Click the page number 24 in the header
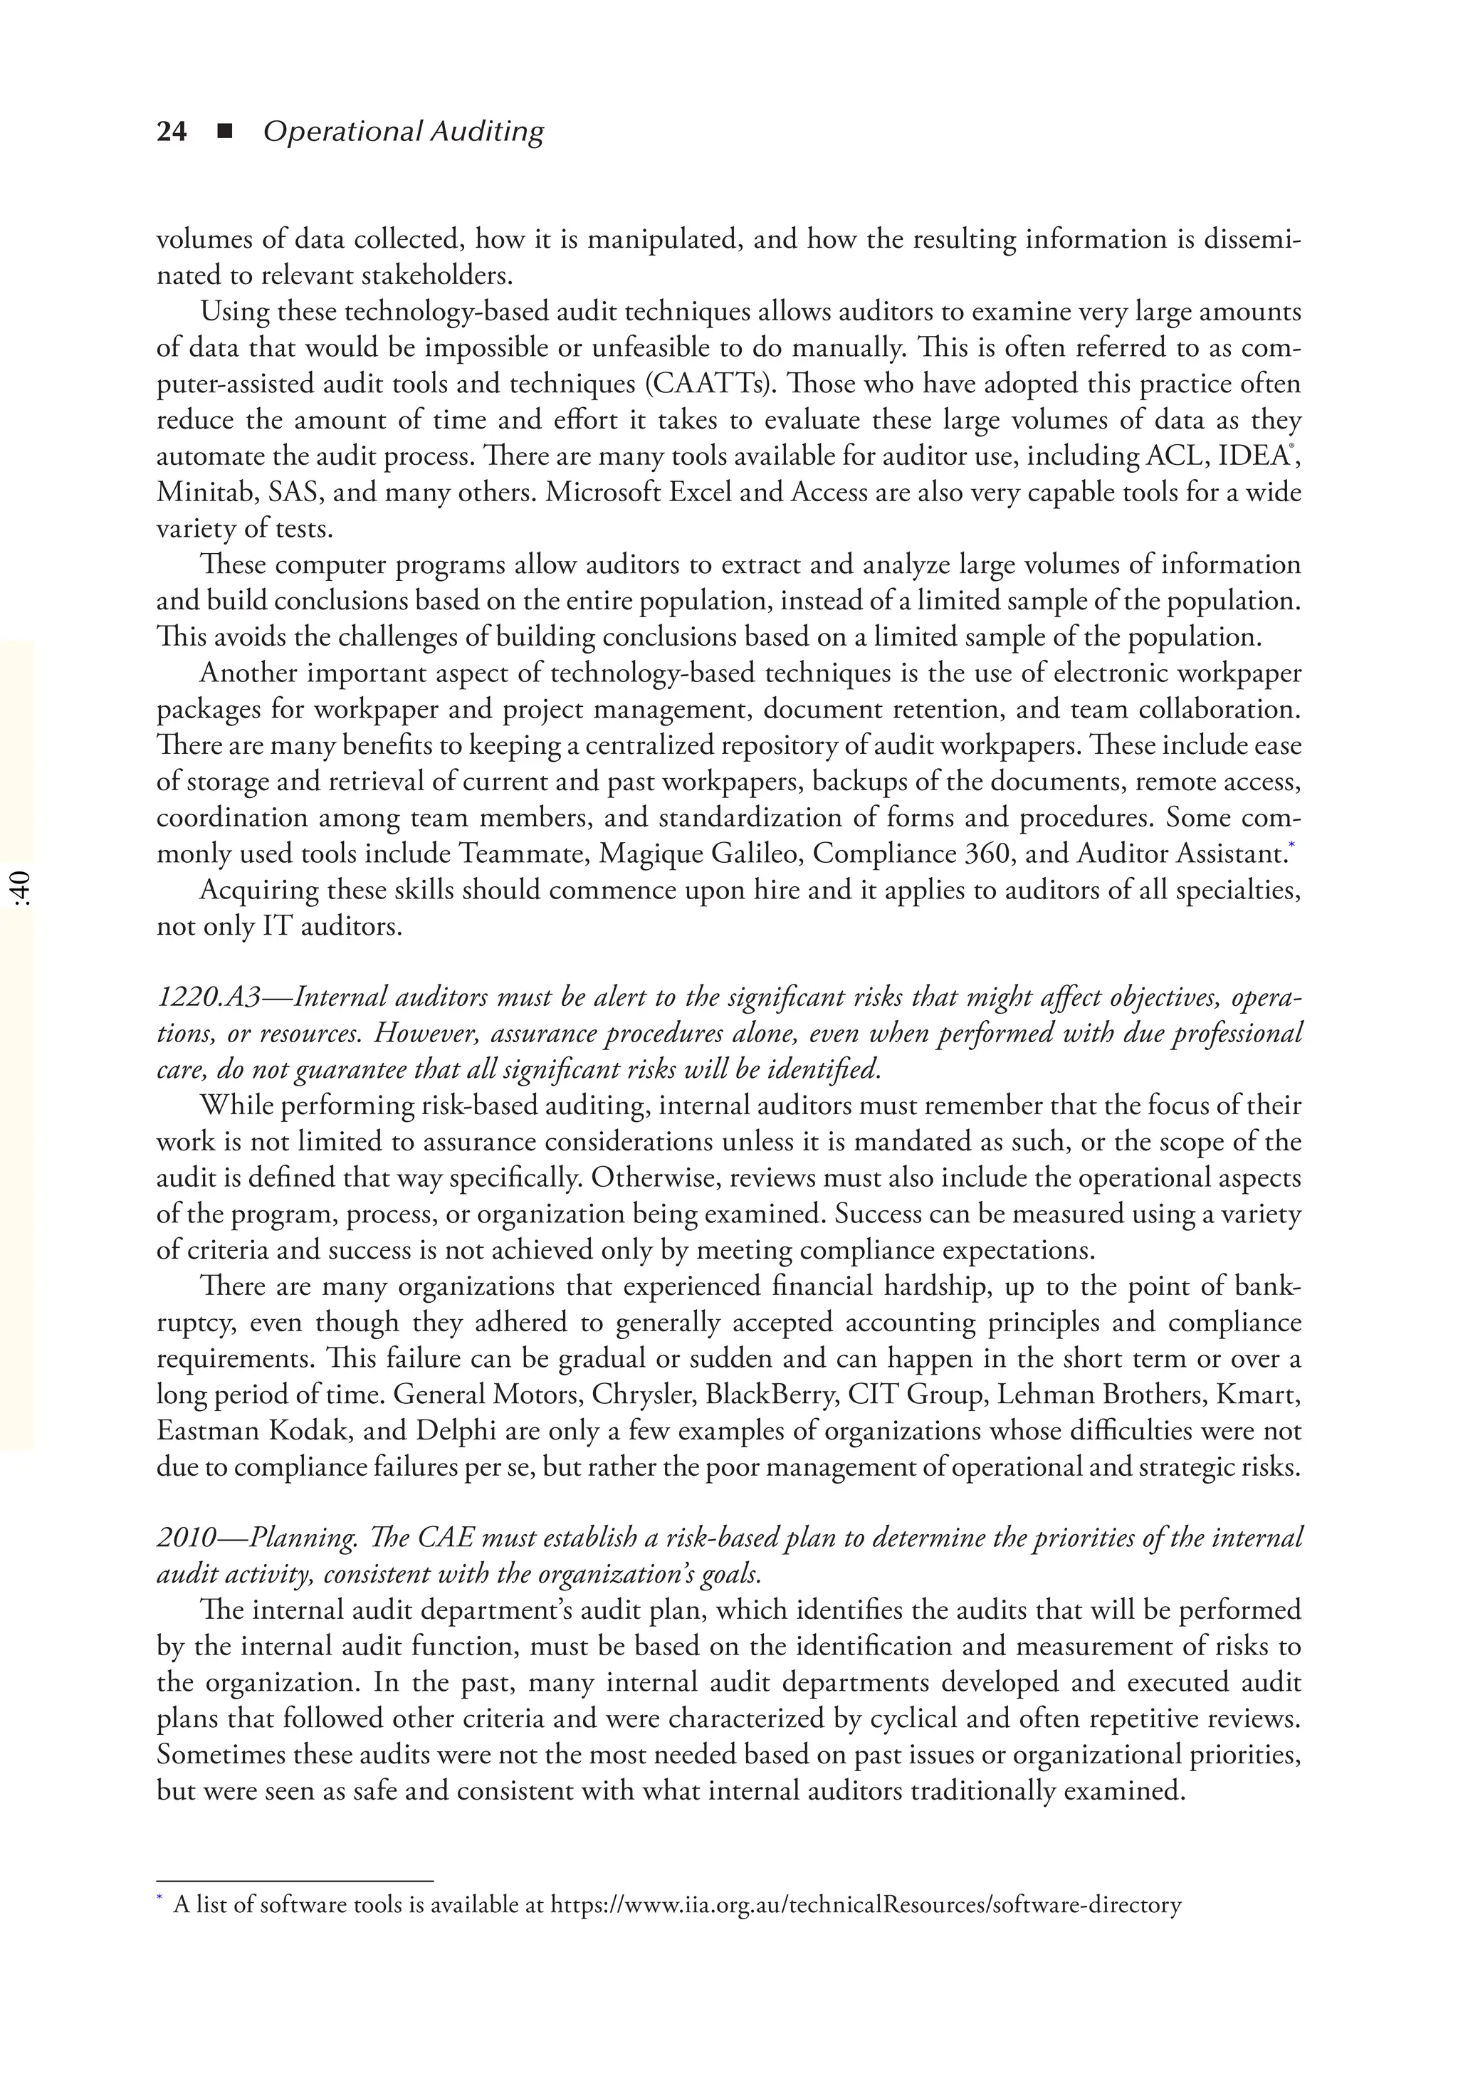tap(172, 132)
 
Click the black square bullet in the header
tap(225, 132)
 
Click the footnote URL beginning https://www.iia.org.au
tap(866, 1904)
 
